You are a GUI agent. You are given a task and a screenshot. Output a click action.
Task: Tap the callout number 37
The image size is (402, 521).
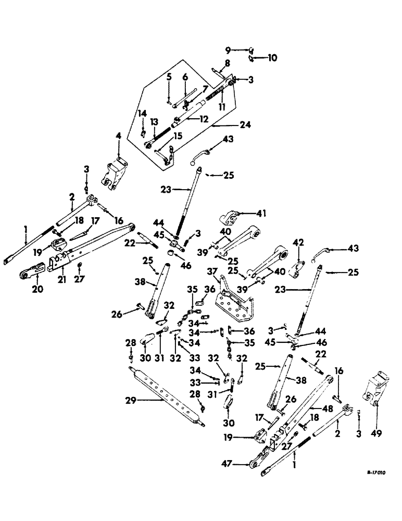pyautogui.click(x=212, y=271)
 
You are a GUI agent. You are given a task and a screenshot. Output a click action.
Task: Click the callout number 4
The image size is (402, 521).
pyautogui.click(x=118, y=137)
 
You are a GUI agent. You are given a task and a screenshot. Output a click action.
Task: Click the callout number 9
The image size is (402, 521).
pyautogui.click(x=228, y=51)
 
